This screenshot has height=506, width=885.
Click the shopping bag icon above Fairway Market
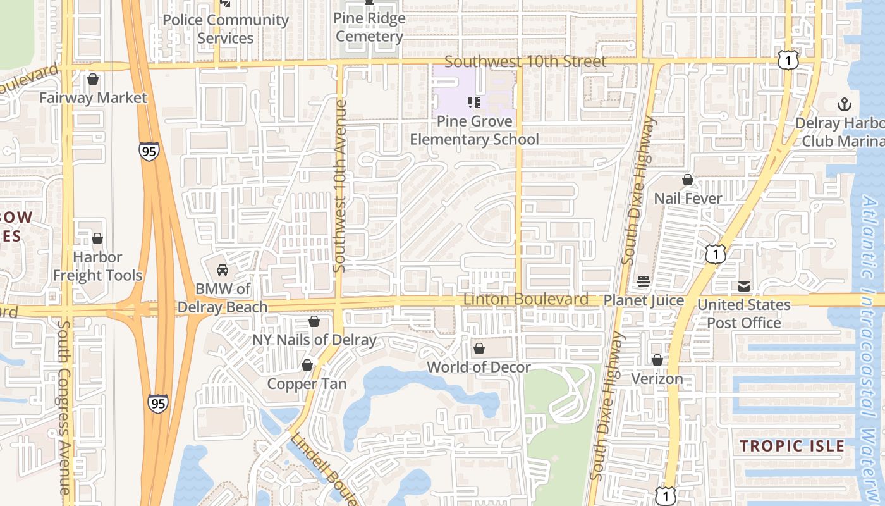[93, 79]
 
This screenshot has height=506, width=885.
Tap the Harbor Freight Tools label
[97, 266]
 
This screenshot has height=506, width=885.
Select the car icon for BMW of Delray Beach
[223, 270]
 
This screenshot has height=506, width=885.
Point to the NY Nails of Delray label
[314, 340]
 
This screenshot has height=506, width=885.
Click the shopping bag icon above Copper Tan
[307, 365]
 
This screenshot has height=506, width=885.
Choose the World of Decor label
[479, 367]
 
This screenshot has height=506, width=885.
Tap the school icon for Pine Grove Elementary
[474, 102]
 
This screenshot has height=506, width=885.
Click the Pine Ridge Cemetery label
[369, 27]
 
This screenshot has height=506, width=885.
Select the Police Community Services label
[226, 28]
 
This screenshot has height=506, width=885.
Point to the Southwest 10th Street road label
[525, 61]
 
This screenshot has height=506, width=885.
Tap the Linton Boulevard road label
[526, 299]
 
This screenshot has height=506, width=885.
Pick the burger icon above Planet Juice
[644, 281]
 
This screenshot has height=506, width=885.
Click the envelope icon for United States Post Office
[744, 287]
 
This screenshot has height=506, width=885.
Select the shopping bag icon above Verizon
[657, 360]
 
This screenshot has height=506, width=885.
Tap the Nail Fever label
[688, 198]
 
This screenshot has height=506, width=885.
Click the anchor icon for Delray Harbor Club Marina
[843, 104]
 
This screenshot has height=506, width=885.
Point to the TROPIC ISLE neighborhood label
[792, 445]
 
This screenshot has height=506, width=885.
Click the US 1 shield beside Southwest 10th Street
[788, 60]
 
